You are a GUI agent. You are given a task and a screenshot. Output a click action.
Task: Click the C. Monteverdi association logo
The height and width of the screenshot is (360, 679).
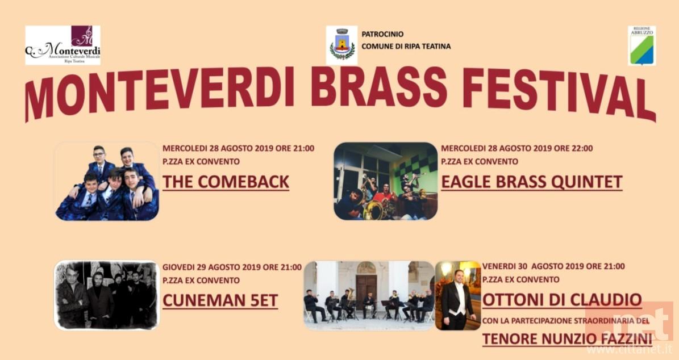pos(63,45)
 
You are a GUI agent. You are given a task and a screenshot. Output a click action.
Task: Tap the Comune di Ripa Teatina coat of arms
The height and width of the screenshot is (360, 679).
pos(341,45)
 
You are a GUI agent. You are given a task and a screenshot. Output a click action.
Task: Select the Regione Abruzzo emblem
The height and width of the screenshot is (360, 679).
pos(641,46)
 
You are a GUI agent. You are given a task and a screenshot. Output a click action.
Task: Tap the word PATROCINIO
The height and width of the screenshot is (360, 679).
pos(382,34)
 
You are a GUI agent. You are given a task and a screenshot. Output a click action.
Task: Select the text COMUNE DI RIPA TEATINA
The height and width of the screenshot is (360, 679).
pos(406,47)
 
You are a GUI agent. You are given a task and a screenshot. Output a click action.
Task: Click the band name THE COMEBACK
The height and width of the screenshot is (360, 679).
pos(226,182)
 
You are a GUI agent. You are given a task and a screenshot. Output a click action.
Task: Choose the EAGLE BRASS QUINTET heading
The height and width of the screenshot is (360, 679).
pos(532,182)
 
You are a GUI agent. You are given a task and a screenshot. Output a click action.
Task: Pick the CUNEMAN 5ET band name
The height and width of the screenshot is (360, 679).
pos(220,301)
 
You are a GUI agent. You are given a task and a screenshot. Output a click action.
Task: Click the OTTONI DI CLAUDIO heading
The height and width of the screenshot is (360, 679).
pos(562,299)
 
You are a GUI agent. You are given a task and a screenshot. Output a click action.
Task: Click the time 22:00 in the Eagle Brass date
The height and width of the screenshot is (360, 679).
pos(582,148)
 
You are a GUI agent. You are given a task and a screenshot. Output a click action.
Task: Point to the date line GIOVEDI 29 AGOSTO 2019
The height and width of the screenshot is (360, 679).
pos(212,267)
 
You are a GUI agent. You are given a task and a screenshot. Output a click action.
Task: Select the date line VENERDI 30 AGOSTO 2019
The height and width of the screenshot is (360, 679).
pos(534,266)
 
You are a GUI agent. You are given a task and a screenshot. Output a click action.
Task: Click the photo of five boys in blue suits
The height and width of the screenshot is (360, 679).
pos(107,181)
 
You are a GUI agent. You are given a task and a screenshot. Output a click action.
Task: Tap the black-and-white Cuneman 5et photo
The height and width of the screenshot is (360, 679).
pos(107,295)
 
